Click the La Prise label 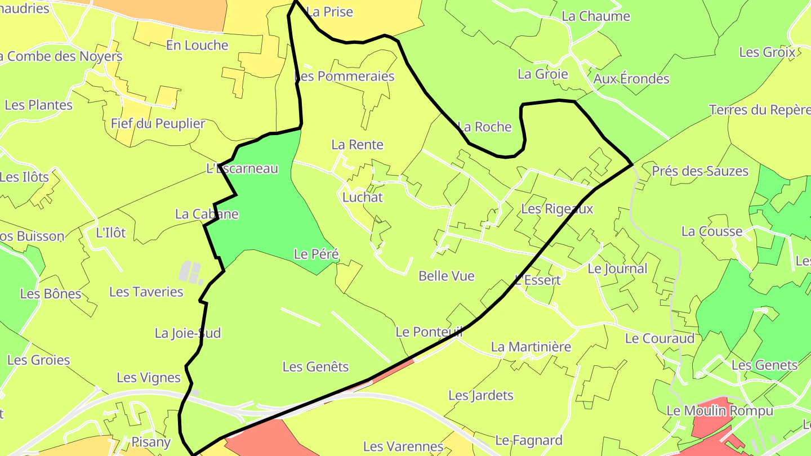[330, 12]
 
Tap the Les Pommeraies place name [345, 76]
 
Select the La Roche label [484, 127]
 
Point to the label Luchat [363, 197]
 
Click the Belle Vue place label [447, 276]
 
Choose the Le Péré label [317, 254]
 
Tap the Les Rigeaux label [557, 209]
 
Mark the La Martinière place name [531, 347]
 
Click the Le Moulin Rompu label [720, 411]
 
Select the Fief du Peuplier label [158, 123]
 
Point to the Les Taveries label [146, 292]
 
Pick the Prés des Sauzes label [700, 171]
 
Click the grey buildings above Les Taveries [190, 272]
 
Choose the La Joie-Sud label [188, 333]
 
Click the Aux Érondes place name [631, 79]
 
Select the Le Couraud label [660, 339]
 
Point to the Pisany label [150, 442]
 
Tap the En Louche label [197, 45]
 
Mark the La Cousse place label [712, 231]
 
